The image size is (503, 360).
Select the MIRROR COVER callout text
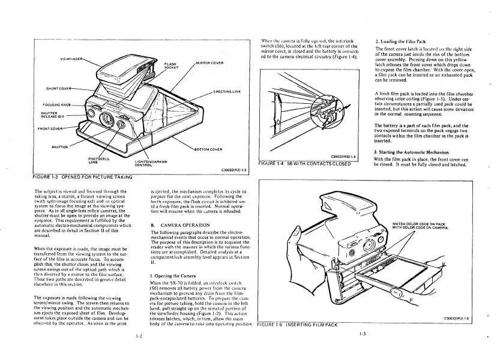[x=209, y=62]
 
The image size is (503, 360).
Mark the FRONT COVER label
[x=51, y=128]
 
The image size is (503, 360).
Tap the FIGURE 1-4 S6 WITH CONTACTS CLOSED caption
[x=304, y=164]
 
